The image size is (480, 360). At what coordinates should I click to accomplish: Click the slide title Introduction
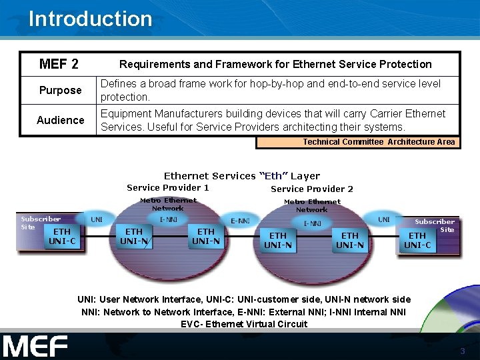click(x=90, y=19)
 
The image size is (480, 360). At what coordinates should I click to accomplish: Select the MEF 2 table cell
click(x=59, y=65)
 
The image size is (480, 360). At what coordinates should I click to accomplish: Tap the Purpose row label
click(x=60, y=90)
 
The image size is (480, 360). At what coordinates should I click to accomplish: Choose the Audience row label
click(x=60, y=120)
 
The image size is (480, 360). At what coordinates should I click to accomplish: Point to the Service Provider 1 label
click(x=168, y=188)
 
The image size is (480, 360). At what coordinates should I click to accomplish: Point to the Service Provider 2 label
click(x=312, y=189)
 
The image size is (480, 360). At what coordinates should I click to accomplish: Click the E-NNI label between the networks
click(x=240, y=221)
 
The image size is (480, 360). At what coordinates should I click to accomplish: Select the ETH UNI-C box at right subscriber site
click(x=417, y=240)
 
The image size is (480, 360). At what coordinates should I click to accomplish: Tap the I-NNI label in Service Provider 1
click(x=168, y=218)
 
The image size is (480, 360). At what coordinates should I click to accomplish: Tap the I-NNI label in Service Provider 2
click(x=312, y=224)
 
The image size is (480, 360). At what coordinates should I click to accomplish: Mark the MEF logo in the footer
click(x=35, y=347)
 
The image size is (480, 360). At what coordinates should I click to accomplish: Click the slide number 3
click(x=462, y=351)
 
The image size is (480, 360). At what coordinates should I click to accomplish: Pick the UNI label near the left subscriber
click(x=97, y=219)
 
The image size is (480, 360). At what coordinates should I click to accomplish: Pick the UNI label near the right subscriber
click(x=384, y=219)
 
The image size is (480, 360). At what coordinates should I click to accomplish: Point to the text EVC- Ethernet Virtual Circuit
click(x=244, y=324)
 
